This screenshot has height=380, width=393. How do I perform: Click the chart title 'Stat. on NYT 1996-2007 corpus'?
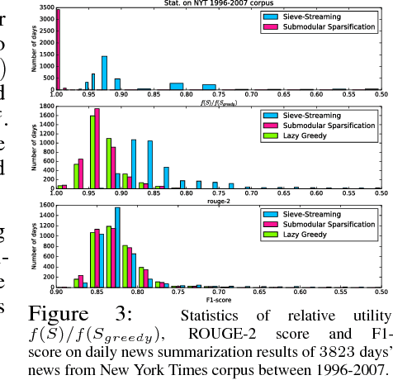[x=218, y=4]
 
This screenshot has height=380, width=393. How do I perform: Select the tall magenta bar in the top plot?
[x=58, y=50]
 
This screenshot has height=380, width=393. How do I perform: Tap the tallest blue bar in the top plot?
[x=104, y=73]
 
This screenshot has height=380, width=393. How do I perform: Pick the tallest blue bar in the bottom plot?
[x=117, y=247]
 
